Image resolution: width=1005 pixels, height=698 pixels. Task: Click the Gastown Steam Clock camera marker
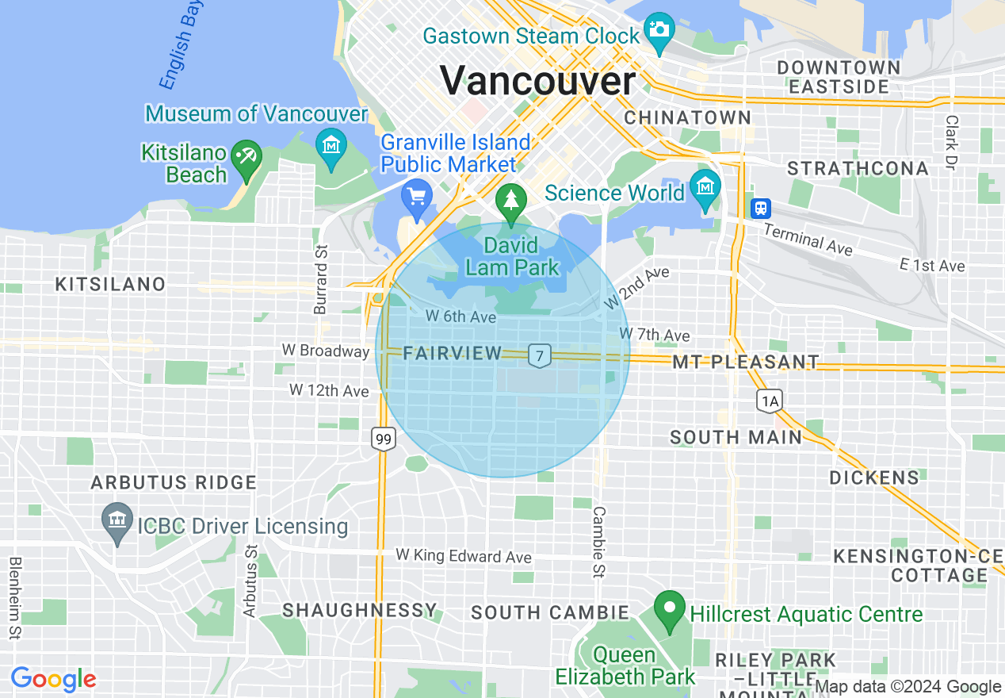659,30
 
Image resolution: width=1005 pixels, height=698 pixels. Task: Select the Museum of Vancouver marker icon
331,145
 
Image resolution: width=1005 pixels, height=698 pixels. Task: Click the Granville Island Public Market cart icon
416,195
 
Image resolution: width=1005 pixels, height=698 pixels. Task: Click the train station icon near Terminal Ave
761,208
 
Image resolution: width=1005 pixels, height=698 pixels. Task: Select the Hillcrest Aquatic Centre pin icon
670,609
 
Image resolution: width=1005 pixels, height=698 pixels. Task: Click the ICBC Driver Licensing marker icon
117,520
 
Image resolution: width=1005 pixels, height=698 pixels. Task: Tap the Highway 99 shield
384,438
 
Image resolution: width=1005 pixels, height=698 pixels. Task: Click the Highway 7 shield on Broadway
540,356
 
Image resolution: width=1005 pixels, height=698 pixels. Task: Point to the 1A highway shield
769,401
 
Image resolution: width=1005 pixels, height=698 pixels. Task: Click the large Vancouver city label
537,81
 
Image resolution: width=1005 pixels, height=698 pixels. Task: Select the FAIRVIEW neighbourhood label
453,354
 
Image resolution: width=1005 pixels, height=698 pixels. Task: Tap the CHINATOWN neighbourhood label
687,117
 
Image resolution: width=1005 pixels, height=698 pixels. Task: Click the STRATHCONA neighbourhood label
858,168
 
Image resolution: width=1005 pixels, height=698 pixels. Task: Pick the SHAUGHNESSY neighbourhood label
360,610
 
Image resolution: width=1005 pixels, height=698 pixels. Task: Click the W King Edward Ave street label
464,556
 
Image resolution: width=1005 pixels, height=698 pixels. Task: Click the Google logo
53,679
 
